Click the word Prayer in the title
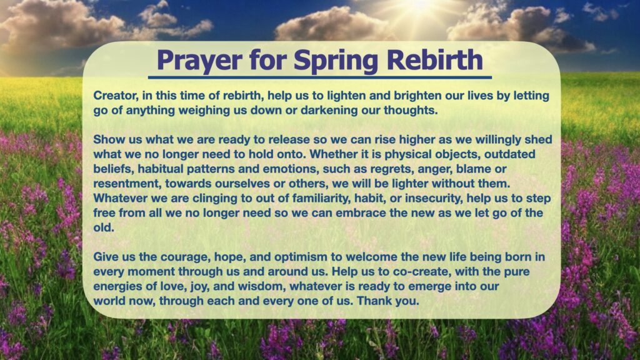(x=199, y=61)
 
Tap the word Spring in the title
(x=336, y=61)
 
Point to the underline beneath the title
(x=319, y=77)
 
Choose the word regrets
(x=390, y=169)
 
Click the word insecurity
(x=434, y=198)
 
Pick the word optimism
(x=301, y=257)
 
